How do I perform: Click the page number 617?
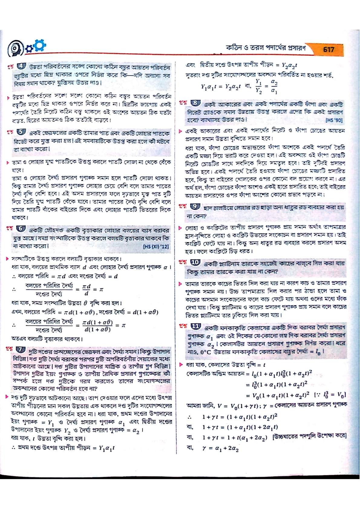[329, 49]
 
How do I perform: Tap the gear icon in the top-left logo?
[40, 45]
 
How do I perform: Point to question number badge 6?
[21, 229]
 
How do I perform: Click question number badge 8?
[195, 103]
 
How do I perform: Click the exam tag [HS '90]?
[334, 120]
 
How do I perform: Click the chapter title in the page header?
[266, 48]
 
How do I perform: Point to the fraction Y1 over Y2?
[258, 87]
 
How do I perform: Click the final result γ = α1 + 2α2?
[221, 449]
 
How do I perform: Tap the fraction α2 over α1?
[274, 87]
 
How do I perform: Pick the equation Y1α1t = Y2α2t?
[221, 87]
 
